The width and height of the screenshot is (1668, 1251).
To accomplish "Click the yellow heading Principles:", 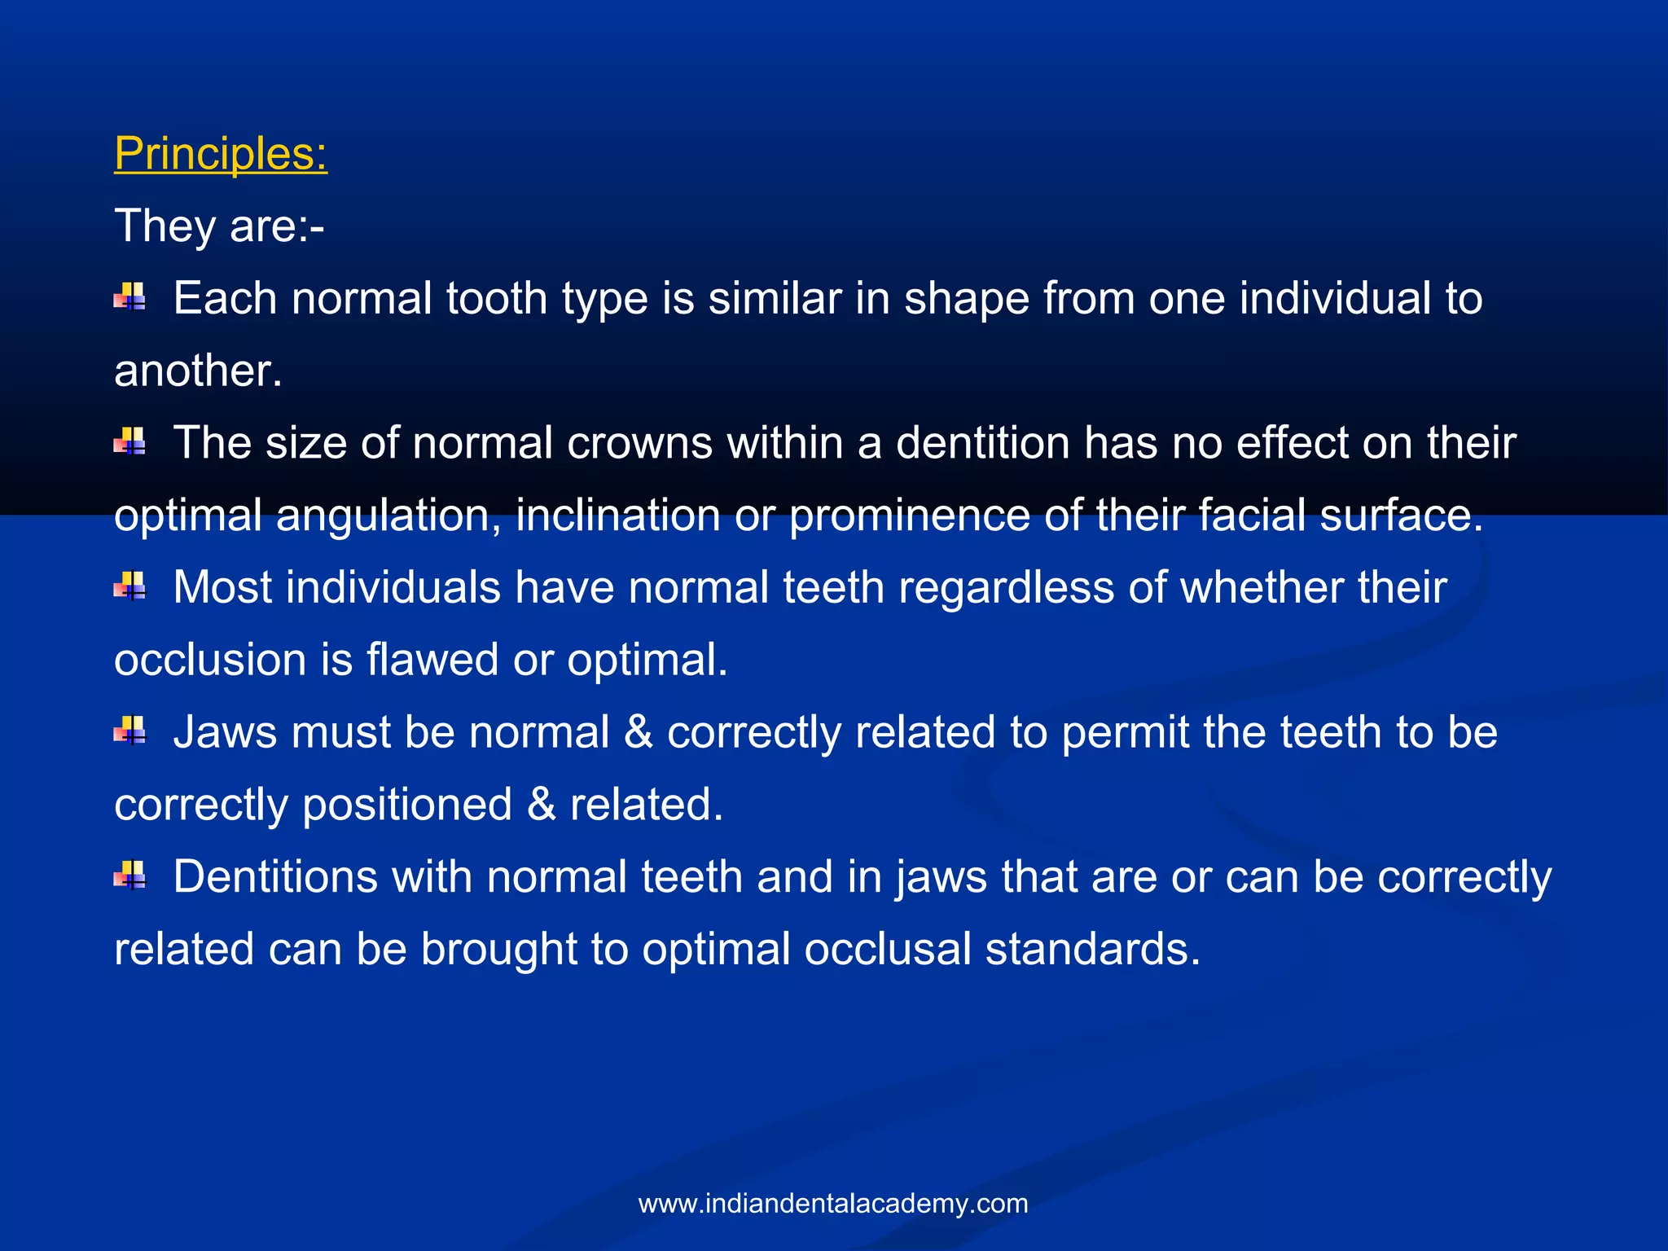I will click(x=220, y=153).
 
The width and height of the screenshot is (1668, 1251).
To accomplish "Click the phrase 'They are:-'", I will click(x=219, y=226).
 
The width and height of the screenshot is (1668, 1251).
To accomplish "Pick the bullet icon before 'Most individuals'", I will click(x=129, y=586).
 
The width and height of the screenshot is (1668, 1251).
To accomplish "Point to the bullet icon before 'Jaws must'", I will click(x=129, y=731).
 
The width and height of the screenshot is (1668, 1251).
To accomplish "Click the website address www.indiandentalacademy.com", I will click(x=833, y=1204).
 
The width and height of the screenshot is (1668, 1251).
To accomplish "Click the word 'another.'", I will click(x=198, y=371).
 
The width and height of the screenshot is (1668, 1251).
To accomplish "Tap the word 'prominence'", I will click(x=909, y=516).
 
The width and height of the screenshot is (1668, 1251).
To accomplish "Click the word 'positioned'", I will click(x=407, y=805).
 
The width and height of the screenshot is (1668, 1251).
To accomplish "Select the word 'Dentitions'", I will click(x=275, y=877).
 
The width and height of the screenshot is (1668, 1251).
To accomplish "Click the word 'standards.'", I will click(x=1092, y=950).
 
